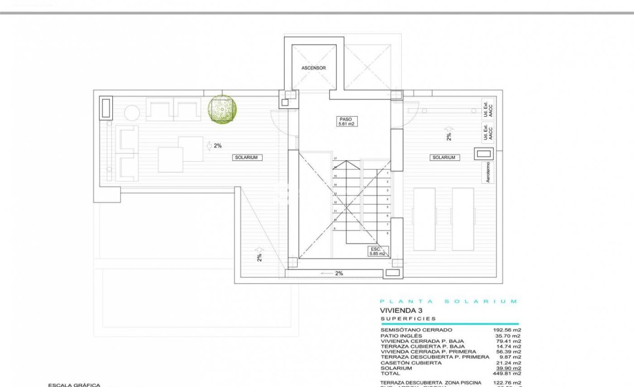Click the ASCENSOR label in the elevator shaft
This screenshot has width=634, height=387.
[x=313, y=68]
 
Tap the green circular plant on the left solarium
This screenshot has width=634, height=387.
[x=222, y=108]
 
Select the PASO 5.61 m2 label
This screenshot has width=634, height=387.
[x=345, y=121]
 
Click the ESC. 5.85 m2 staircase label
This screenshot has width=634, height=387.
[x=377, y=251]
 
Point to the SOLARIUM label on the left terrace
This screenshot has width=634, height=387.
[x=248, y=158]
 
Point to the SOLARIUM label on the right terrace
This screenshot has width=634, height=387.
[x=444, y=158]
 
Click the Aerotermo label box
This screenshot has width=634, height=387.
[x=488, y=172]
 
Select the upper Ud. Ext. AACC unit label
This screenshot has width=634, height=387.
[x=488, y=109]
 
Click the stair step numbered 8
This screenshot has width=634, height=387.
[x=387, y=233]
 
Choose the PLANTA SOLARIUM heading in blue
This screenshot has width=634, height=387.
[x=448, y=301]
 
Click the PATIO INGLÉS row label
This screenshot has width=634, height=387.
[x=401, y=336]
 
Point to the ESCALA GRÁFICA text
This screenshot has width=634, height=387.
[x=74, y=385]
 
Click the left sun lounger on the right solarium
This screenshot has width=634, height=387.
[x=424, y=219]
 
